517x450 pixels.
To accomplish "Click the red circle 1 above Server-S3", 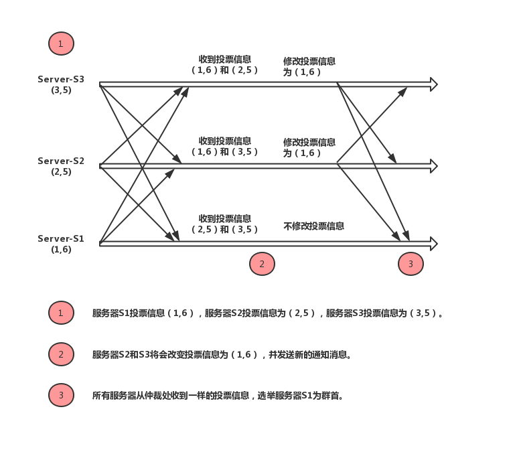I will tap(61, 44).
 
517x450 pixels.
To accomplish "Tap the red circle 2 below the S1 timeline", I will tap(262, 264).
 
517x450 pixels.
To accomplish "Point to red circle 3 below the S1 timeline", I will tap(411, 264).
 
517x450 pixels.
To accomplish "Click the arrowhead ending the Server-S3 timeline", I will tap(434, 84).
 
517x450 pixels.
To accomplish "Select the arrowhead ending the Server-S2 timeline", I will tap(434, 165).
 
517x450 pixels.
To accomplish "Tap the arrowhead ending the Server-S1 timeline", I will tap(434, 244).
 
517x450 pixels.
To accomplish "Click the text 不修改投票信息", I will tap(313, 226).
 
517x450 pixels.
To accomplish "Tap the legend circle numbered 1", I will tap(61, 313).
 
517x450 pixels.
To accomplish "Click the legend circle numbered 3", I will tap(61, 395).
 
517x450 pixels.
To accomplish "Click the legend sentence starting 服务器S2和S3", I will tap(222, 354).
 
